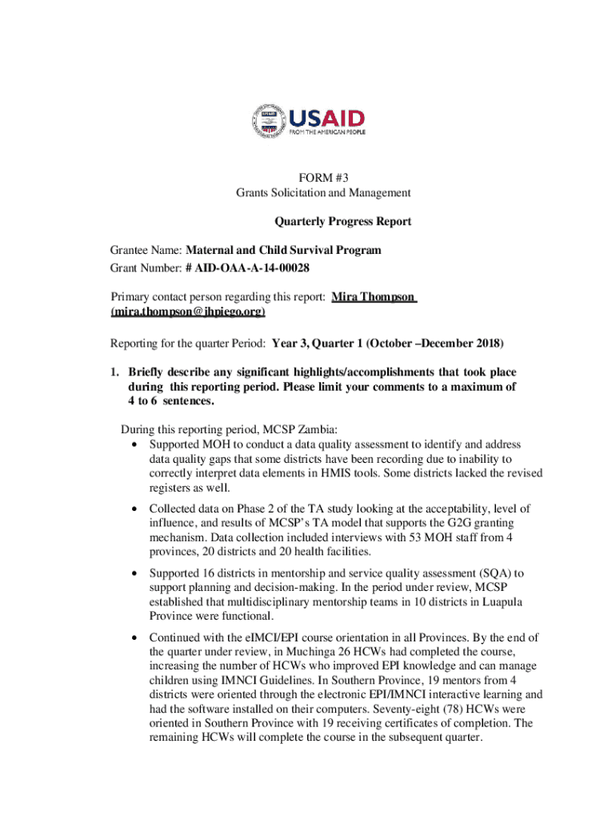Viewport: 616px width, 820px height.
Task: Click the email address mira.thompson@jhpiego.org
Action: click(x=188, y=312)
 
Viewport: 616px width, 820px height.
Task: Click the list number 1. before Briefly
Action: click(x=115, y=372)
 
